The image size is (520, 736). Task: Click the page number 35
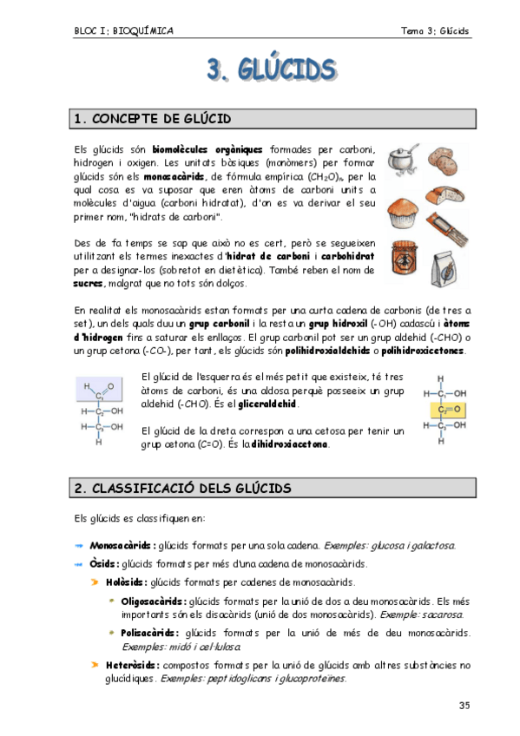click(464, 705)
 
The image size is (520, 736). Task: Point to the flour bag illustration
click(451, 260)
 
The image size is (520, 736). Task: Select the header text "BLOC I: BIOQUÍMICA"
click(123, 31)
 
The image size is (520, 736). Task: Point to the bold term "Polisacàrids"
click(150, 633)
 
